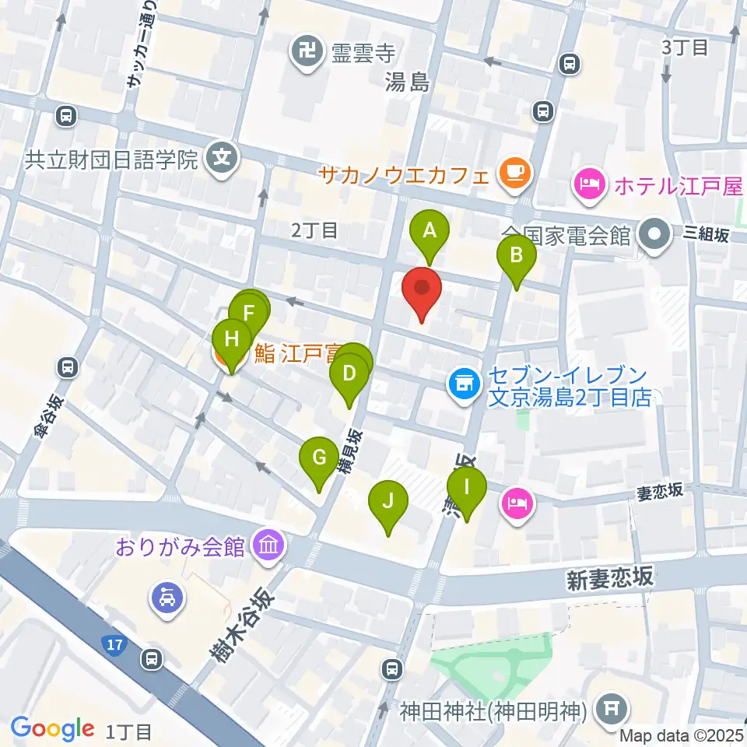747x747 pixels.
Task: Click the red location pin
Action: (x=421, y=289)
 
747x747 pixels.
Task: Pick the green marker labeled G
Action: (x=318, y=458)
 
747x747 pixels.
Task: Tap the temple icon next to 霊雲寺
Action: (x=305, y=53)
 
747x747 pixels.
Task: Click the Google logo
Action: (x=53, y=728)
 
